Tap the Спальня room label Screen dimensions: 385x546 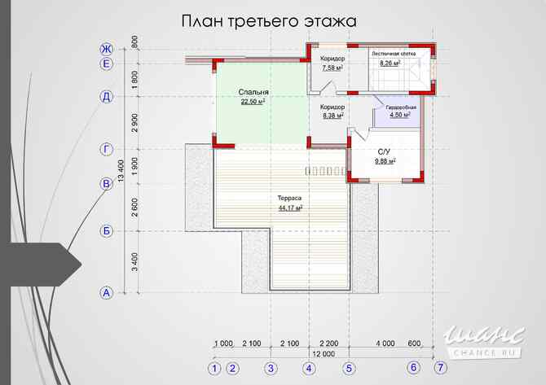point(254,93)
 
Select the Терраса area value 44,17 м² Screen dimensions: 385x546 point(289,208)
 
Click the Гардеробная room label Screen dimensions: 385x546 point(402,107)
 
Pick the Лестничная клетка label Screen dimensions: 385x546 point(394,54)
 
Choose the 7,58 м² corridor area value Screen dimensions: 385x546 point(332,68)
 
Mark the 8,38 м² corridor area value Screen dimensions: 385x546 point(332,116)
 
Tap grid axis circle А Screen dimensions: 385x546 point(106,293)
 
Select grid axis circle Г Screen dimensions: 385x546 point(106,149)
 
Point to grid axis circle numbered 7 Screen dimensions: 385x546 point(440,368)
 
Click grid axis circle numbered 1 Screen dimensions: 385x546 point(214,368)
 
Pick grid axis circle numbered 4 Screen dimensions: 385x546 point(309,368)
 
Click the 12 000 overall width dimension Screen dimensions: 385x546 point(323,354)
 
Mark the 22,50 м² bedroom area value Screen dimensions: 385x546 point(253,103)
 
